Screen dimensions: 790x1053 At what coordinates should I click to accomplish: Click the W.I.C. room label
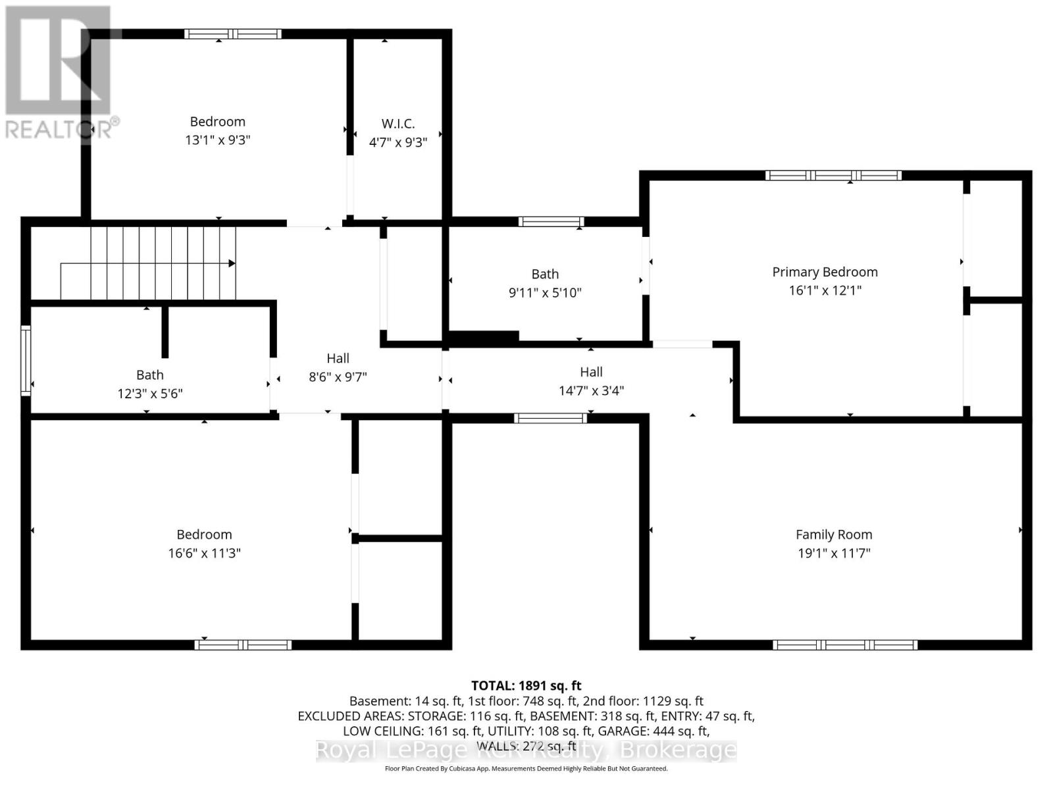tap(398, 124)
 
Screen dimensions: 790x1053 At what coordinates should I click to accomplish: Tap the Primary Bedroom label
tap(825, 272)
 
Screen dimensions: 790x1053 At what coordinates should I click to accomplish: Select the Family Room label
tap(834, 535)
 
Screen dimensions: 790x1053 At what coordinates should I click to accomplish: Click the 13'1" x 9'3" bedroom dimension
tap(218, 140)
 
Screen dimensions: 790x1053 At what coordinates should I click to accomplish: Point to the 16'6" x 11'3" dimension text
tap(204, 553)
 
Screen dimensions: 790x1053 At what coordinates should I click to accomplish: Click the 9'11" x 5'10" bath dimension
tap(545, 293)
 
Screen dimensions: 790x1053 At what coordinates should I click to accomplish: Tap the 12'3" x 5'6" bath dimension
tap(150, 394)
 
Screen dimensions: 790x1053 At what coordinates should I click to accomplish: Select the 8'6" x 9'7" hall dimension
tap(338, 377)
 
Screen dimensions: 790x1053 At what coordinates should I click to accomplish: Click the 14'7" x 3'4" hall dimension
tap(591, 391)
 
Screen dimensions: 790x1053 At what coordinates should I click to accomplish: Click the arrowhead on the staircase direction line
tap(232, 263)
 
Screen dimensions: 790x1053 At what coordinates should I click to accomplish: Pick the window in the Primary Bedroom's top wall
tap(833, 175)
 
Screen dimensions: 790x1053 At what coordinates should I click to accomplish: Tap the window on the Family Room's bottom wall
tap(845, 645)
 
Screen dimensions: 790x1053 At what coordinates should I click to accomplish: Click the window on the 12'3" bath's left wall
tap(26, 360)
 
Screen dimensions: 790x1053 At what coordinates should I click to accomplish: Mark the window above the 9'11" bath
tap(551, 222)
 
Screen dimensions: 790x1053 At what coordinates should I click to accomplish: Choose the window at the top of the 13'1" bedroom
tap(232, 34)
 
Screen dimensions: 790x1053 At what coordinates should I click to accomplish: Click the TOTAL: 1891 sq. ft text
tap(526, 686)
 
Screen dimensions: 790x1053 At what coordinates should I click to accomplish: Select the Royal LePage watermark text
tap(526, 750)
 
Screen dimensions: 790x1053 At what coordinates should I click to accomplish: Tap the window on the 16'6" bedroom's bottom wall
tap(243, 645)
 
